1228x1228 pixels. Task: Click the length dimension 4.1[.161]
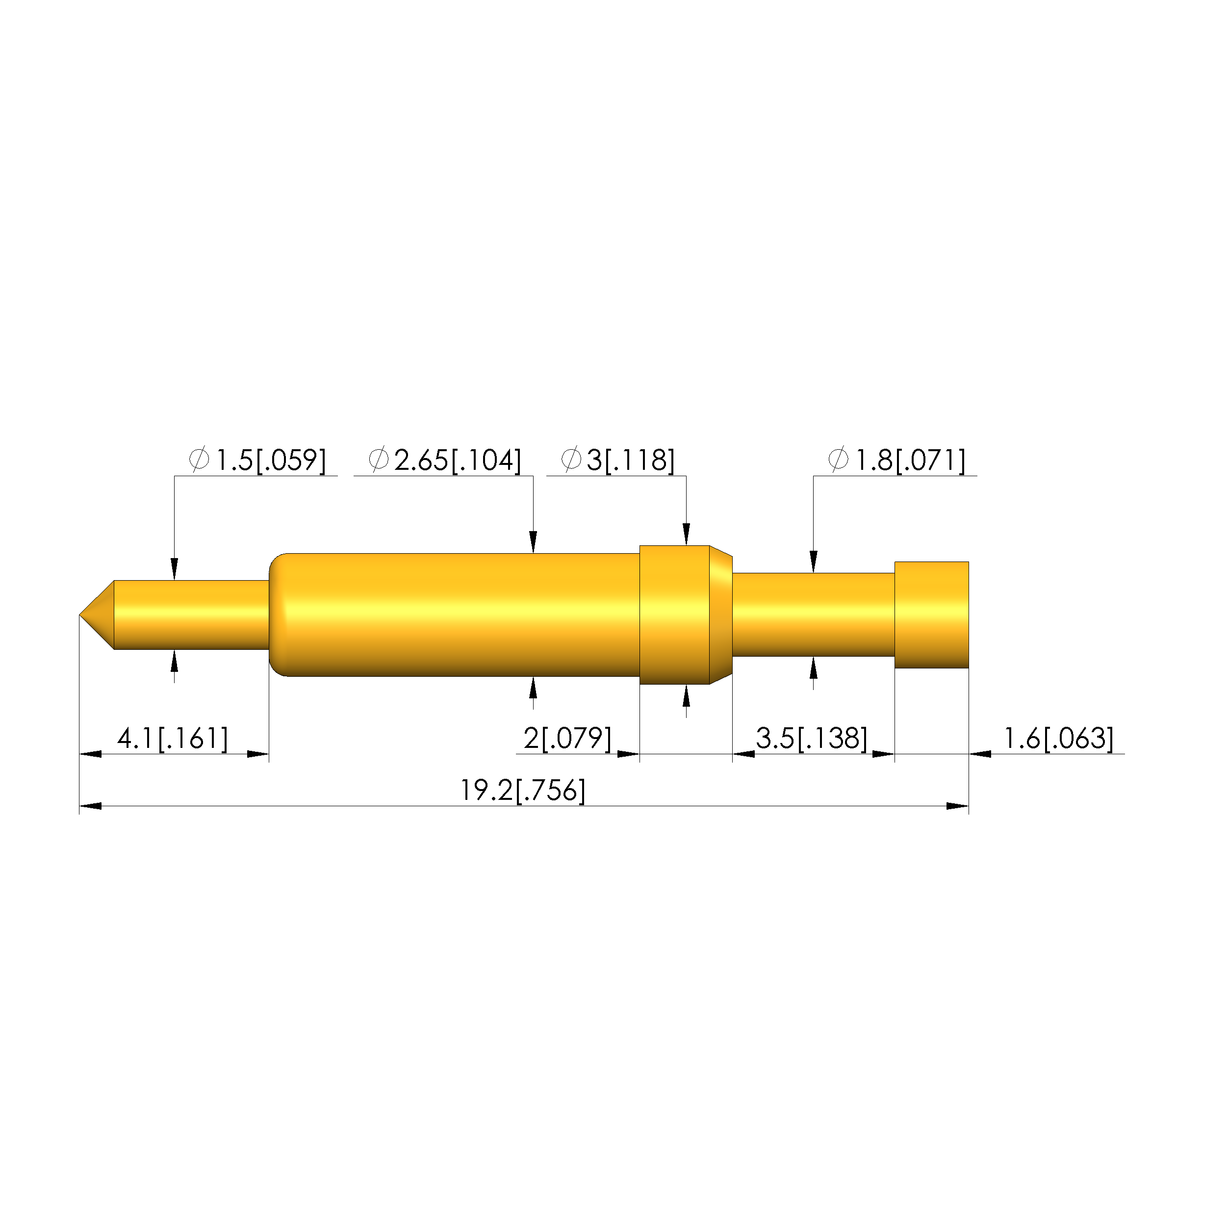pos(172,739)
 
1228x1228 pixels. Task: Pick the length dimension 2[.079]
pos(567,739)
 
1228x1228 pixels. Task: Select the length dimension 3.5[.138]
pos(812,739)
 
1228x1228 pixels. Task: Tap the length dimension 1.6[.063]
pos(1058,739)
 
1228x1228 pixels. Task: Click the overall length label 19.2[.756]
pos(522,791)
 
